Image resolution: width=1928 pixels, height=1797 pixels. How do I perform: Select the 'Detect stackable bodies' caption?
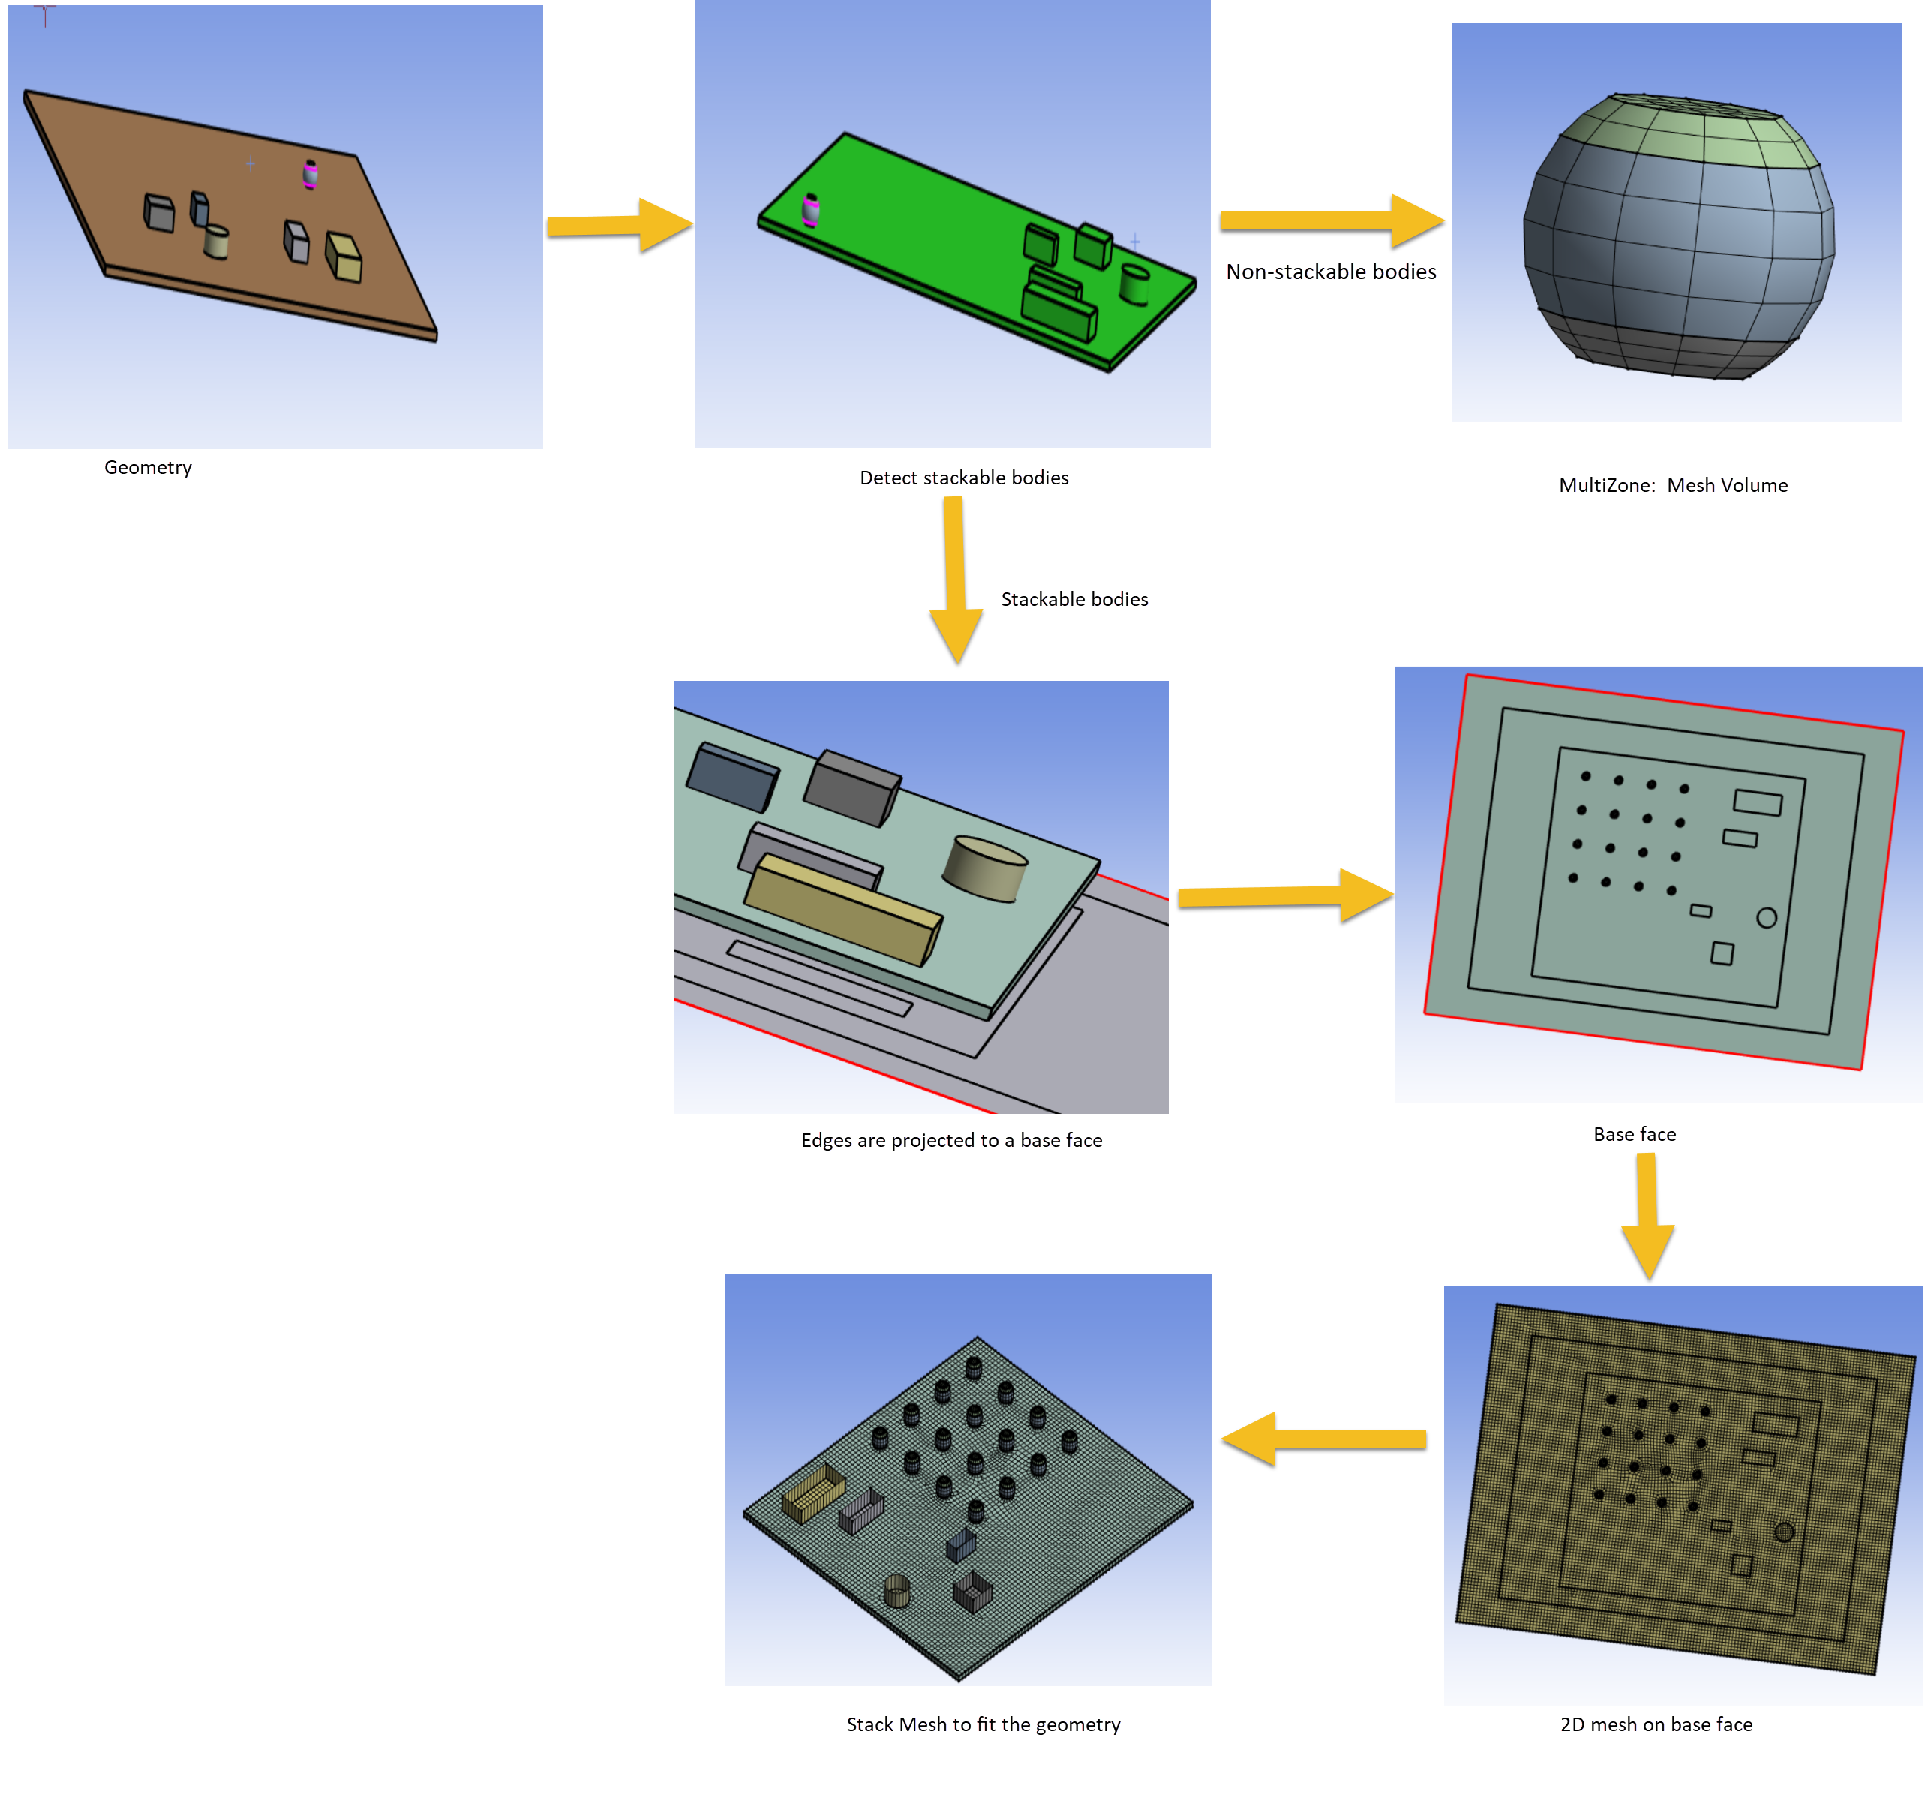[964, 477]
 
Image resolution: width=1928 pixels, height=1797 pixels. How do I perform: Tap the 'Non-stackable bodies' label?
[1331, 271]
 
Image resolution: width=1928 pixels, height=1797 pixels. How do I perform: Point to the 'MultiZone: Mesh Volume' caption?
[1673, 485]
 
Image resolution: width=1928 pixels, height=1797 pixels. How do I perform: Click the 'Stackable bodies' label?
[1074, 599]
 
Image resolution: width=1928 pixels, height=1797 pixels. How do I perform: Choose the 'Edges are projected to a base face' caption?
[951, 1139]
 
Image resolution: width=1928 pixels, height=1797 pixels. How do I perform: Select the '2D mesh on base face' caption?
[1656, 1723]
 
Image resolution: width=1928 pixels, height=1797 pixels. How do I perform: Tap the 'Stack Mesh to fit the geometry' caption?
[984, 1723]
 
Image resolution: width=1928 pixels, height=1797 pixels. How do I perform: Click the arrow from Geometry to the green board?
[619, 225]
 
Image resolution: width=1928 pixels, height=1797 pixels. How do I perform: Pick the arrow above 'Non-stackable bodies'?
[1332, 221]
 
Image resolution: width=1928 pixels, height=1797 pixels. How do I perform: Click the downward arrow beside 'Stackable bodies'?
[955, 580]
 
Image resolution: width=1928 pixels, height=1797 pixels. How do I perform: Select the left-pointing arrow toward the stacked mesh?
[1324, 1438]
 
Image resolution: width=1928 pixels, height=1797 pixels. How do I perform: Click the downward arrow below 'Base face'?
[1647, 1216]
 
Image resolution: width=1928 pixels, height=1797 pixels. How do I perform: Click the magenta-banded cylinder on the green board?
[811, 209]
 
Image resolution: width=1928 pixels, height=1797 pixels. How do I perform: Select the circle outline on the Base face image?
[1766, 917]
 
